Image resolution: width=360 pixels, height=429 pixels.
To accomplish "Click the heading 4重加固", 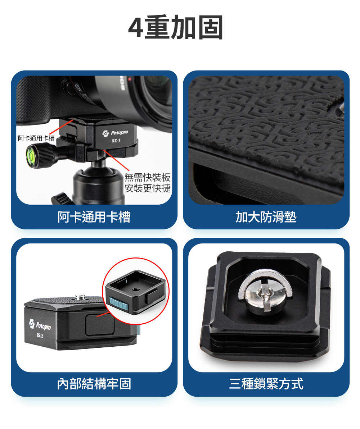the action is (x=176, y=28).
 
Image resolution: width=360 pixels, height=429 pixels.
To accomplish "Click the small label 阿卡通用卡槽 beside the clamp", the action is (x=36, y=138).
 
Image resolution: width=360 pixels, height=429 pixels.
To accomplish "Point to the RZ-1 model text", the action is (x=116, y=141).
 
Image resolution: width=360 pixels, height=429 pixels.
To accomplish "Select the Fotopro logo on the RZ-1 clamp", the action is (x=115, y=133).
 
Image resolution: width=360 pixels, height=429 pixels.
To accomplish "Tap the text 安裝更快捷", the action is (x=148, y=188).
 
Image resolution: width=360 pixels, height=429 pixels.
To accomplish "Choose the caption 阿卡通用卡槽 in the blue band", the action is (x=94, y=217).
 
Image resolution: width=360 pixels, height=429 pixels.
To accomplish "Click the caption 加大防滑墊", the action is (x=266, y=217).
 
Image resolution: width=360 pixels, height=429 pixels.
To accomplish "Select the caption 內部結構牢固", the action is (x=94, y=384).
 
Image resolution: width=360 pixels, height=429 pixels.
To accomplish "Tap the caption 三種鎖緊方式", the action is (x=266, y=384).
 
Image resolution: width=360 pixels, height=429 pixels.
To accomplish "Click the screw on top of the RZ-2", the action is (x=80, y=297).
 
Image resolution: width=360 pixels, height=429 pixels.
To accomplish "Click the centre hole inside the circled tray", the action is (x=135, y=289).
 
